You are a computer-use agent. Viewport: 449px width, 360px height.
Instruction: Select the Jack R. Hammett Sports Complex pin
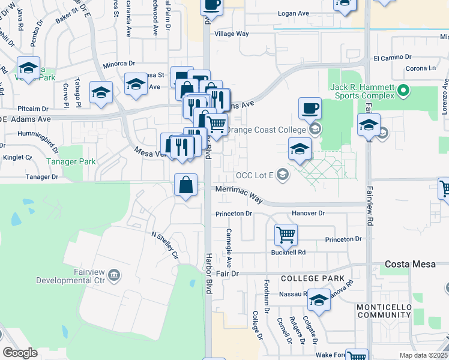[403, 92]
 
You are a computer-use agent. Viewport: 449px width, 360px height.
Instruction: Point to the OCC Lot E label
[255, 175]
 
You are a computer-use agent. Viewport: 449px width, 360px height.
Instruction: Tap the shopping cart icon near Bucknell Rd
[286, 235]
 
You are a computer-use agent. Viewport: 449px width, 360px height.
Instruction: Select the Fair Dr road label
[228, 274]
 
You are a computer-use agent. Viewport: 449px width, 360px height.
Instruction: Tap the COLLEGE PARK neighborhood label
[312, 278]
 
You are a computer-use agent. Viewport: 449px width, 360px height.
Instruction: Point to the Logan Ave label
[292, 13]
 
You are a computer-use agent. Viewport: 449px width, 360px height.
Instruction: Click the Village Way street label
[232, 34]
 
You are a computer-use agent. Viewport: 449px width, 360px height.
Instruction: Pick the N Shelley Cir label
[165, 244]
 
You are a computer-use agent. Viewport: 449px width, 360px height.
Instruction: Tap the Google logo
[20, 353]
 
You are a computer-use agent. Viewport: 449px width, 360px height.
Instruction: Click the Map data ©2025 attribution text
[423, 355]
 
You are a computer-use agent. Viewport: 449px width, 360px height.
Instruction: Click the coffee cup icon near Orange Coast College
[310, 108]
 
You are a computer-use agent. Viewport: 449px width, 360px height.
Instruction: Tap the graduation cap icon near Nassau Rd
[319, 300]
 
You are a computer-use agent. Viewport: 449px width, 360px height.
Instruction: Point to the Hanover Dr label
[308, 213]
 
